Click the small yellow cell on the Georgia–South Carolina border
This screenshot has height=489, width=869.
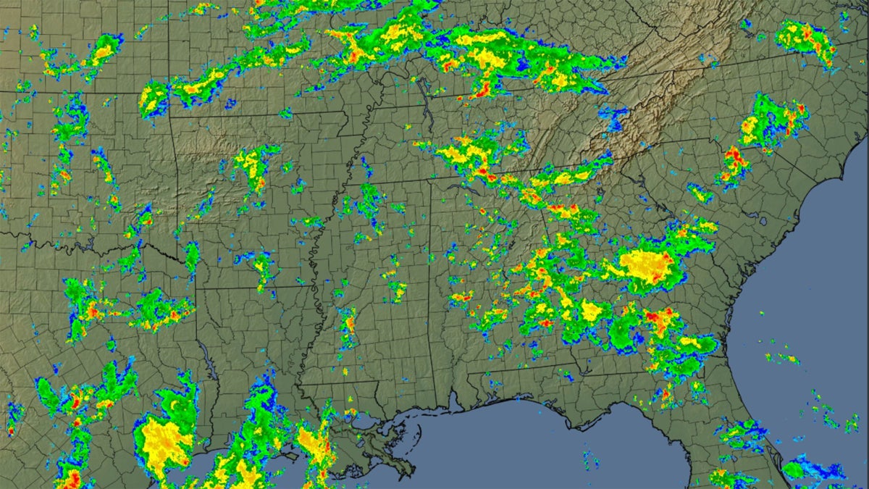(x=699, y=193)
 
